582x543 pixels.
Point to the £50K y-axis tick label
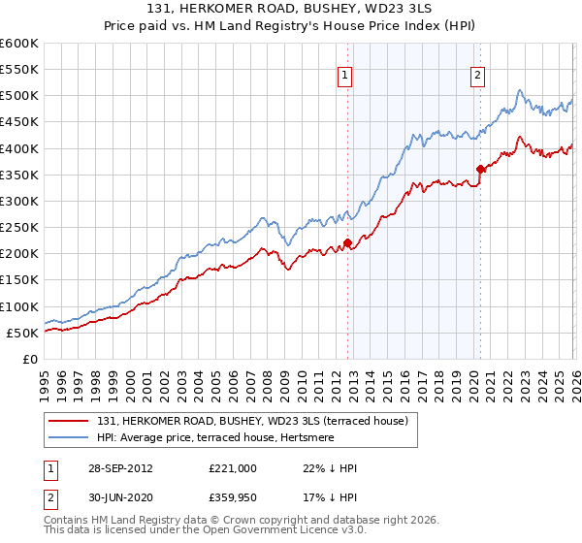(x=20, y=333)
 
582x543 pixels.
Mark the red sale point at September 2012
(x=347, y=243)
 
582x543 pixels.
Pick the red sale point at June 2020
(x=480, y=170)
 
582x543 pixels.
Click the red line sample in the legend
(x=70, y=420)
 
